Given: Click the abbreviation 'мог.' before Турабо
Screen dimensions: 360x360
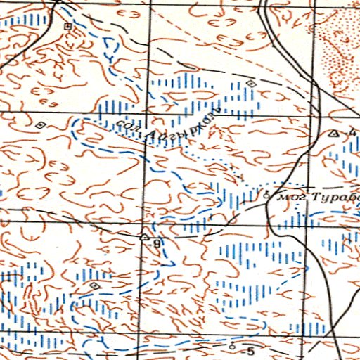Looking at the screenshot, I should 289,197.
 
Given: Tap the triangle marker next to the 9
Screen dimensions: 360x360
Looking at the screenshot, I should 144,238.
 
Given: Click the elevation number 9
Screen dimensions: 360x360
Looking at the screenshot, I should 156,244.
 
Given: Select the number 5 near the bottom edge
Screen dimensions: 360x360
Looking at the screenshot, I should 249,349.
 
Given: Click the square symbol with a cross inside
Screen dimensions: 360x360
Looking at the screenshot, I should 68,26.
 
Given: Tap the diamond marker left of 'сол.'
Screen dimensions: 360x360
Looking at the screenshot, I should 40,124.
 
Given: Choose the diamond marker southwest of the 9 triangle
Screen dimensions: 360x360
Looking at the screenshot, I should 95,285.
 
